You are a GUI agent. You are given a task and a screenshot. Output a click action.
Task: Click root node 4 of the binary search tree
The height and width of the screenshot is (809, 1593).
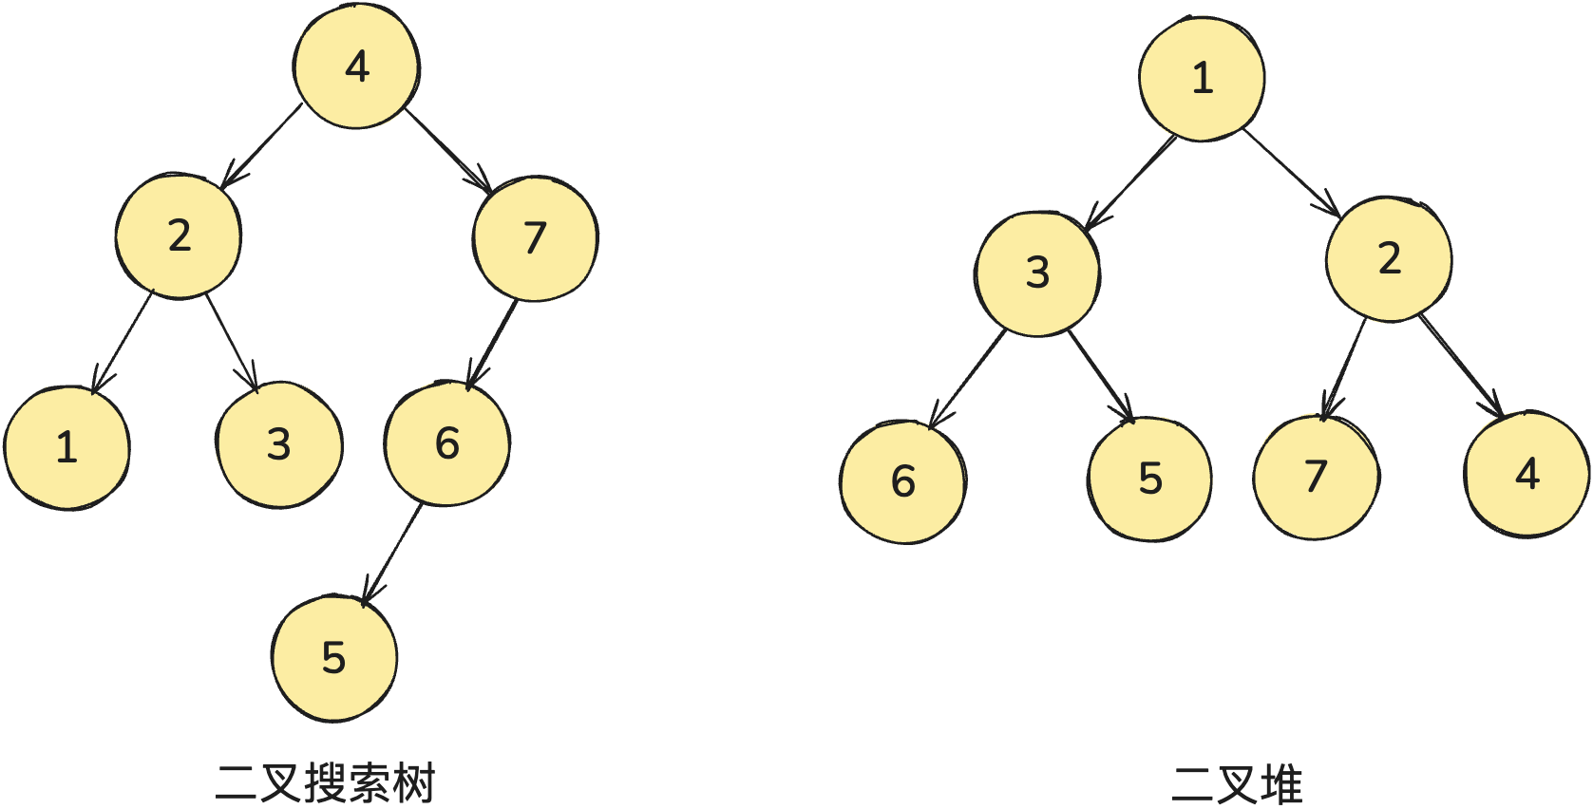click(x=356, y=66)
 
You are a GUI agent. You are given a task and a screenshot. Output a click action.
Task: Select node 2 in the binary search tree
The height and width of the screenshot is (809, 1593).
click(x=179, y=235)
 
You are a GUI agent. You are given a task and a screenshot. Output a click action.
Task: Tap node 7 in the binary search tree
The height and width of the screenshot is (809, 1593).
click(x=535, y=238)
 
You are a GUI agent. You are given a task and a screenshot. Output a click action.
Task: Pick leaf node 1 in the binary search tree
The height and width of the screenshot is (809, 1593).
click(x=66, y=447)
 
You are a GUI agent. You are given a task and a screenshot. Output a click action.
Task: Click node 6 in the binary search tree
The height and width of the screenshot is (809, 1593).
click(x=447, y=443)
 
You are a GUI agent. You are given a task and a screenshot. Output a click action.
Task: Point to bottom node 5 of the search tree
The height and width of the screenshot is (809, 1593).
click(x=333, y=657)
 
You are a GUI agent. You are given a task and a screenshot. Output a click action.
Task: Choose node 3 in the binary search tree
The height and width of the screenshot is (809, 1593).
click(x=278, y=444)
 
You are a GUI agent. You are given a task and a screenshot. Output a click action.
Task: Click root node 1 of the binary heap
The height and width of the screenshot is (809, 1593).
click(x=1202, y=79)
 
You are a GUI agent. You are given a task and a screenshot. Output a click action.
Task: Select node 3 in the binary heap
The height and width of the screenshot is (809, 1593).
click(x=1037, y=273)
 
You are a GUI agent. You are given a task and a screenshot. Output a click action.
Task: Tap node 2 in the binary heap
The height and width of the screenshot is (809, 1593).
click(x=1389, y=259)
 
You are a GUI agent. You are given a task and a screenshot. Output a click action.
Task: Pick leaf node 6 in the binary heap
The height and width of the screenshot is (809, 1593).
click(x=902, y=481)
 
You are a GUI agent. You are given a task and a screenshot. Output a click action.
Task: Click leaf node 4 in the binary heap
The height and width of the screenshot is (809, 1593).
click(x=1527, y=474)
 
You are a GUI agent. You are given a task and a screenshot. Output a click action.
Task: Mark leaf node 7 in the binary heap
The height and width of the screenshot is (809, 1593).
click(x=1316, y=477)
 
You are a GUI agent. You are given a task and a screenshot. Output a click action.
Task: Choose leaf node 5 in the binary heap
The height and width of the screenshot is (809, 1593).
click(x=1149, y=479)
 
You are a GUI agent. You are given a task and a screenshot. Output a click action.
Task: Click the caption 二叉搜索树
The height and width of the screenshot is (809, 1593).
click(x=325, y=783)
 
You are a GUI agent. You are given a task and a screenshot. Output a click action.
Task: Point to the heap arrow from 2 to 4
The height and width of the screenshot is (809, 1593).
click(x=1461, y=365)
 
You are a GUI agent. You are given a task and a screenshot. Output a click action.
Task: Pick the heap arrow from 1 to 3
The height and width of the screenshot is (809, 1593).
click(x=1130, y=183)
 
